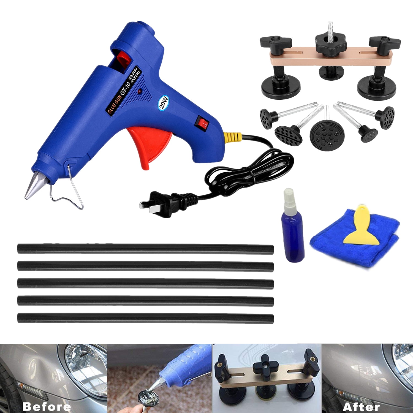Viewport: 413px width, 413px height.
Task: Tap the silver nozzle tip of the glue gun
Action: [x=32, y=186]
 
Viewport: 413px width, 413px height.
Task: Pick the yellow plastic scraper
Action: [x=358, y=229]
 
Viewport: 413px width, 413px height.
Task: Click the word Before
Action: [x=47, y=406]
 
